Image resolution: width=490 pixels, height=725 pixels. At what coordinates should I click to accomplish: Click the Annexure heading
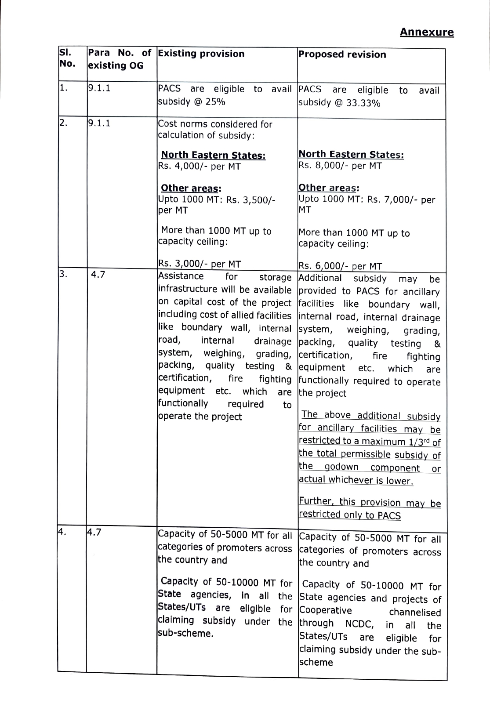426,32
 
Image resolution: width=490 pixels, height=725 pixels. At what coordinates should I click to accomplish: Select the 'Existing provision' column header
201,54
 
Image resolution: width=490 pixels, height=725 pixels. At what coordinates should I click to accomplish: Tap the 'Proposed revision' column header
342,54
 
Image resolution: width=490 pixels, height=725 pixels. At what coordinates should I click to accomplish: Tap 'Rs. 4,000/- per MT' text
199,167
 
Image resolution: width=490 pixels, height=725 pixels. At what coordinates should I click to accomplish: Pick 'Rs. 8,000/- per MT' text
340,166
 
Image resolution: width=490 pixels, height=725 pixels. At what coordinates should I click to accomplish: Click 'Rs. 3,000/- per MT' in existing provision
199,264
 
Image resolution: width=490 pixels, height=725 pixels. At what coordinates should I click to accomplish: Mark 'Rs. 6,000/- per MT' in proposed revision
340,266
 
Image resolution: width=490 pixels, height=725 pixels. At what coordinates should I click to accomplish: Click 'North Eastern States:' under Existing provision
213,156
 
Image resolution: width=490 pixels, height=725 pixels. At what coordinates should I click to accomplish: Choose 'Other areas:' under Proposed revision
329,188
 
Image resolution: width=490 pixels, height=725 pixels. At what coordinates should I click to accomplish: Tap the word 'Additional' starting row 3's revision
319,278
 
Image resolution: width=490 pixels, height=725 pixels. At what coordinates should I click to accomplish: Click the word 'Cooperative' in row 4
325,611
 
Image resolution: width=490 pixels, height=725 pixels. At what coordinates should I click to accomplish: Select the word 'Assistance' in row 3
181,276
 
